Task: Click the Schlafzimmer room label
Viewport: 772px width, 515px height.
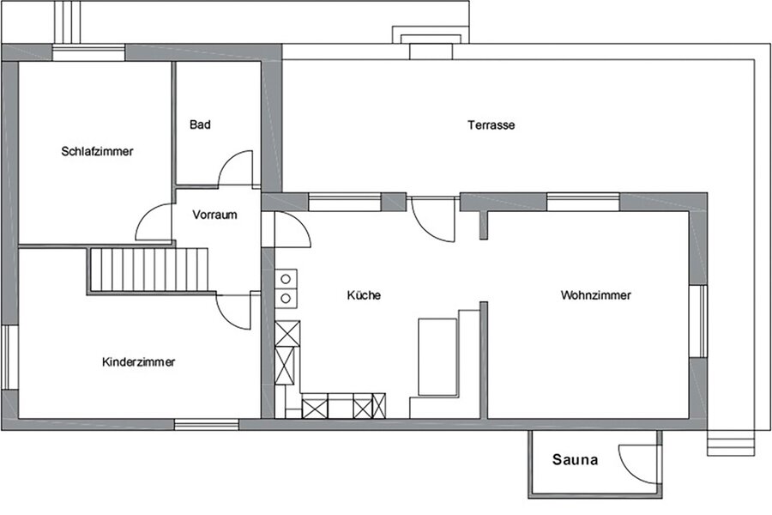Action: tap(97, 151)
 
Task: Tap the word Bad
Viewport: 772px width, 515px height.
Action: tap(200, 124)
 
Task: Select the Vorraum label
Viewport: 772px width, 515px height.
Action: tap(214, 215)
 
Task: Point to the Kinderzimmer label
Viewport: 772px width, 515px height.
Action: tap(138, 362)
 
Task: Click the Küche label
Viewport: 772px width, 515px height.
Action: tap(364, 295)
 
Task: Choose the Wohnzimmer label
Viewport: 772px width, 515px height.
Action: tap(596, 295)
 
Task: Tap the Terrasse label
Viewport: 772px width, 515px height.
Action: tap(492, 125)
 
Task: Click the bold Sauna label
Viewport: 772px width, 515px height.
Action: tap(575, 460)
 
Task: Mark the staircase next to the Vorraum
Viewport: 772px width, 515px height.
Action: tap(148, 270)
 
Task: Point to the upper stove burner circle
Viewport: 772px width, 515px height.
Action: tap(286, 280)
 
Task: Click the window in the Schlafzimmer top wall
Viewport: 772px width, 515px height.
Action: tap(88, 52)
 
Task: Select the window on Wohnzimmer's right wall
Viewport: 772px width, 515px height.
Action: tap(698, 321)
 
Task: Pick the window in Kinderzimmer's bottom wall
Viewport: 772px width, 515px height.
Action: tap(207, 424)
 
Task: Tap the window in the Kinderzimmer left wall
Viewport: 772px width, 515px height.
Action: tap(9, 357)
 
